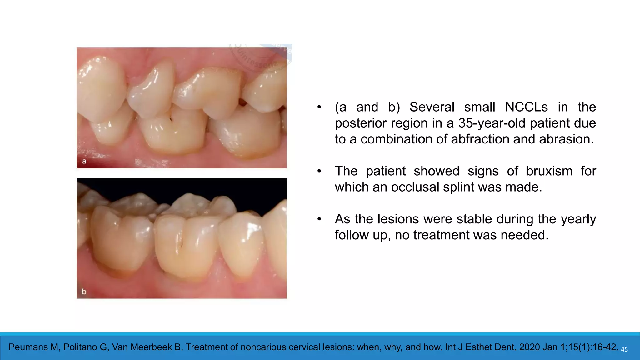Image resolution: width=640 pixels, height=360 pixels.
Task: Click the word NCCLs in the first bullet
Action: pyautogui.click(x=526, y=107)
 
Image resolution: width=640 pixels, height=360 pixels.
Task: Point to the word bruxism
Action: pyautogui.click(x=549, y=171)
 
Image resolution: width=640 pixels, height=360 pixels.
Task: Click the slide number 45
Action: pyautogui.click(x=624, y=350)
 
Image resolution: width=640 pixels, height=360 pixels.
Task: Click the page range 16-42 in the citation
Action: pyautogui.click(x=605, y=347)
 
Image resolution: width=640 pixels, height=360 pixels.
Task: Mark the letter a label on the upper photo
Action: pyautogui.click(x=84, y=162)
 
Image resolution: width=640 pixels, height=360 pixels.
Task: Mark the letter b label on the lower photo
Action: pyautogui.click(x=84, y=292)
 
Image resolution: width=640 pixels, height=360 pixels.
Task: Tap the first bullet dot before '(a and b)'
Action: pyautogui.click(x=319, y=107)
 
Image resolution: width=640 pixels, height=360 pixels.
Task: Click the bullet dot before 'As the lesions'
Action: pyautogui.click(x=319, y=219)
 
